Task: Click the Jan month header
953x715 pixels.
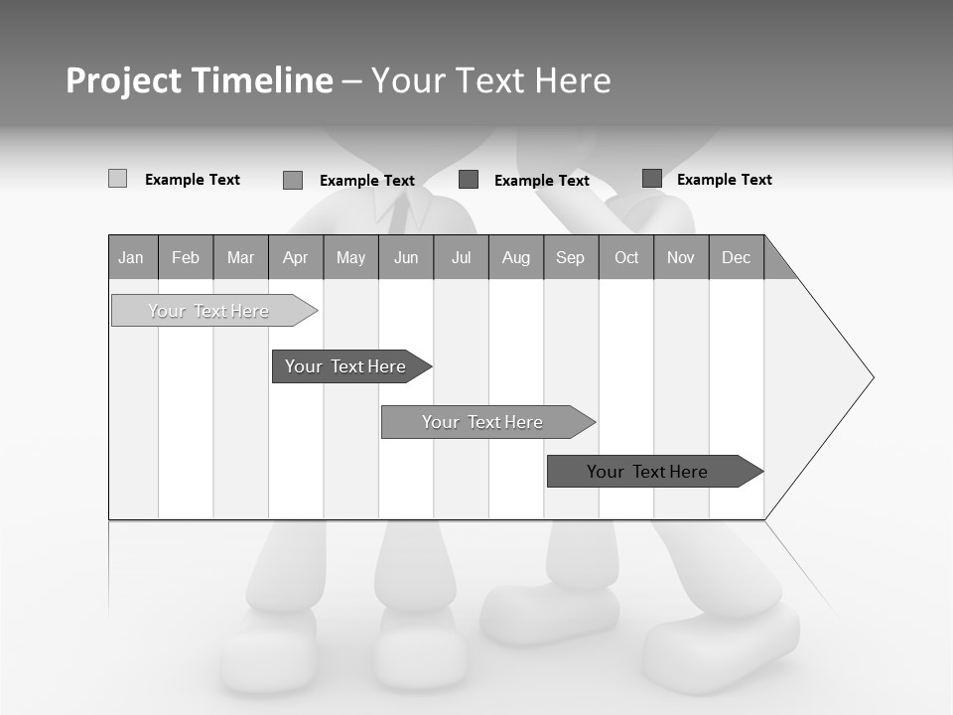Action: tap(132, 257)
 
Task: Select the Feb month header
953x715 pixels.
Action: tap(186, 257)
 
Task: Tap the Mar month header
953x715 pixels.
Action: tap(240, 257)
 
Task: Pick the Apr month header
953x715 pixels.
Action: tap(296, 257)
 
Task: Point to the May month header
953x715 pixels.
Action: tap(350, 257)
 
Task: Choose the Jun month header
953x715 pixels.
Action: tap(406, 257)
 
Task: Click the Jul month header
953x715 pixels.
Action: tap(461, 257)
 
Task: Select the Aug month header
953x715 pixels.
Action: tap(516, 257)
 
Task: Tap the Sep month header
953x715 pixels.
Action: tap(571, 257)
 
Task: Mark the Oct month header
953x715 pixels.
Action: tap(626, 257)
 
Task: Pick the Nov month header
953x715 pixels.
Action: tap(681, 257)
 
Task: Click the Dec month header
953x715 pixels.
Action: tap(737, 257)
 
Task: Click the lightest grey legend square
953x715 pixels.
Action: tap(117, 179)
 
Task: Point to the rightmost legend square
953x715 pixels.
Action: tap(651, 178)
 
